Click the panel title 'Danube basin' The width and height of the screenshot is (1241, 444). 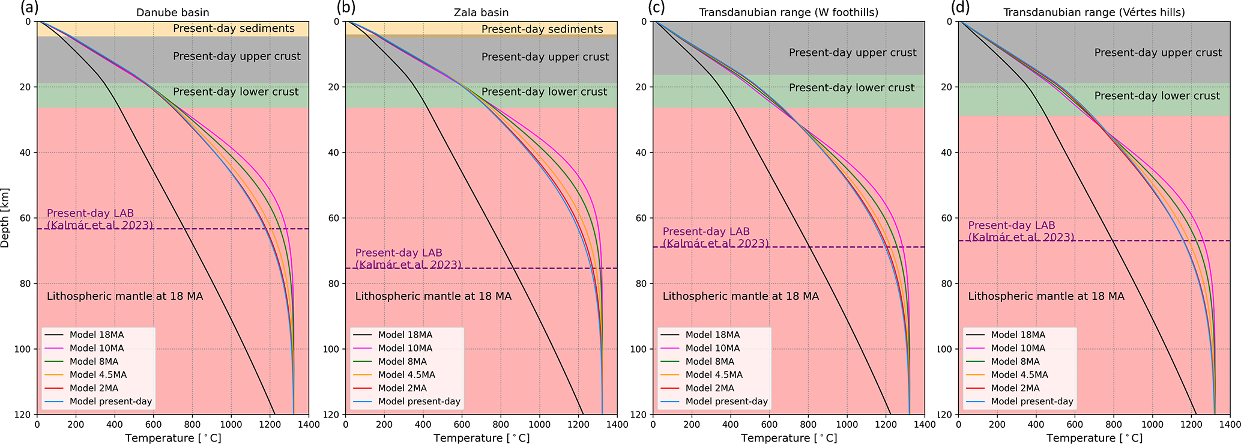pos(173,12)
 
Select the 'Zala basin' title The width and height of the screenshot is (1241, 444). pos(482,12)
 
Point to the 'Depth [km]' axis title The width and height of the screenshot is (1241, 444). pos(5,217)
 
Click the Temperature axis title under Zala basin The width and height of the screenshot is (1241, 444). pos(482,438)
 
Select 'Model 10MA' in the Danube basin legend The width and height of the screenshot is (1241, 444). pos(97,348)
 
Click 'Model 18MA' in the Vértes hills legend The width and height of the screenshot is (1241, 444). pos(1018,335)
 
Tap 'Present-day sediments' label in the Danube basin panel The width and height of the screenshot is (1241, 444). pos(234,28)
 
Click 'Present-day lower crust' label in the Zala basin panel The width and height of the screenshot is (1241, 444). pos(545,92)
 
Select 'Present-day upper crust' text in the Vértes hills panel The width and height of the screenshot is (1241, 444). pos(1158,53)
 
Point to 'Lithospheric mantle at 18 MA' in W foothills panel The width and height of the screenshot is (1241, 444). pos(740,296)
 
